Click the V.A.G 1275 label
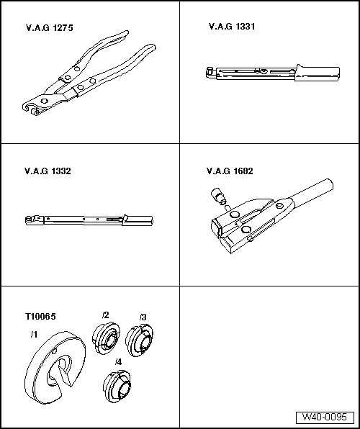tap(50, 28)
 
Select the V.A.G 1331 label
tap(232, 27)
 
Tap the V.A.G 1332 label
tap(48, 171)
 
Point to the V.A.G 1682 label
tap(230, 171)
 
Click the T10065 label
tap(40, 316)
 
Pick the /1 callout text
tap(34, 334)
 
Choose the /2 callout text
tap(105, 315)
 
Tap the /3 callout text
tap(143, 317)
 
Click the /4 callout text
tap(118, 362)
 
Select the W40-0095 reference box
tap(325, 417)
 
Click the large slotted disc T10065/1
tap(55, 367)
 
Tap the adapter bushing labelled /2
tap(106, 338)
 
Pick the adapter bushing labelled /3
tap(140, 340)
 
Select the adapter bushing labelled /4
tap(117, 387)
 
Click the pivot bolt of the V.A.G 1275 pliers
tap(45, 101)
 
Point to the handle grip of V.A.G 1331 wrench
tap(318, 74)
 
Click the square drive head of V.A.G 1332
tap(29, 220)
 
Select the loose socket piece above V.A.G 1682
tap(217, 195)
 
